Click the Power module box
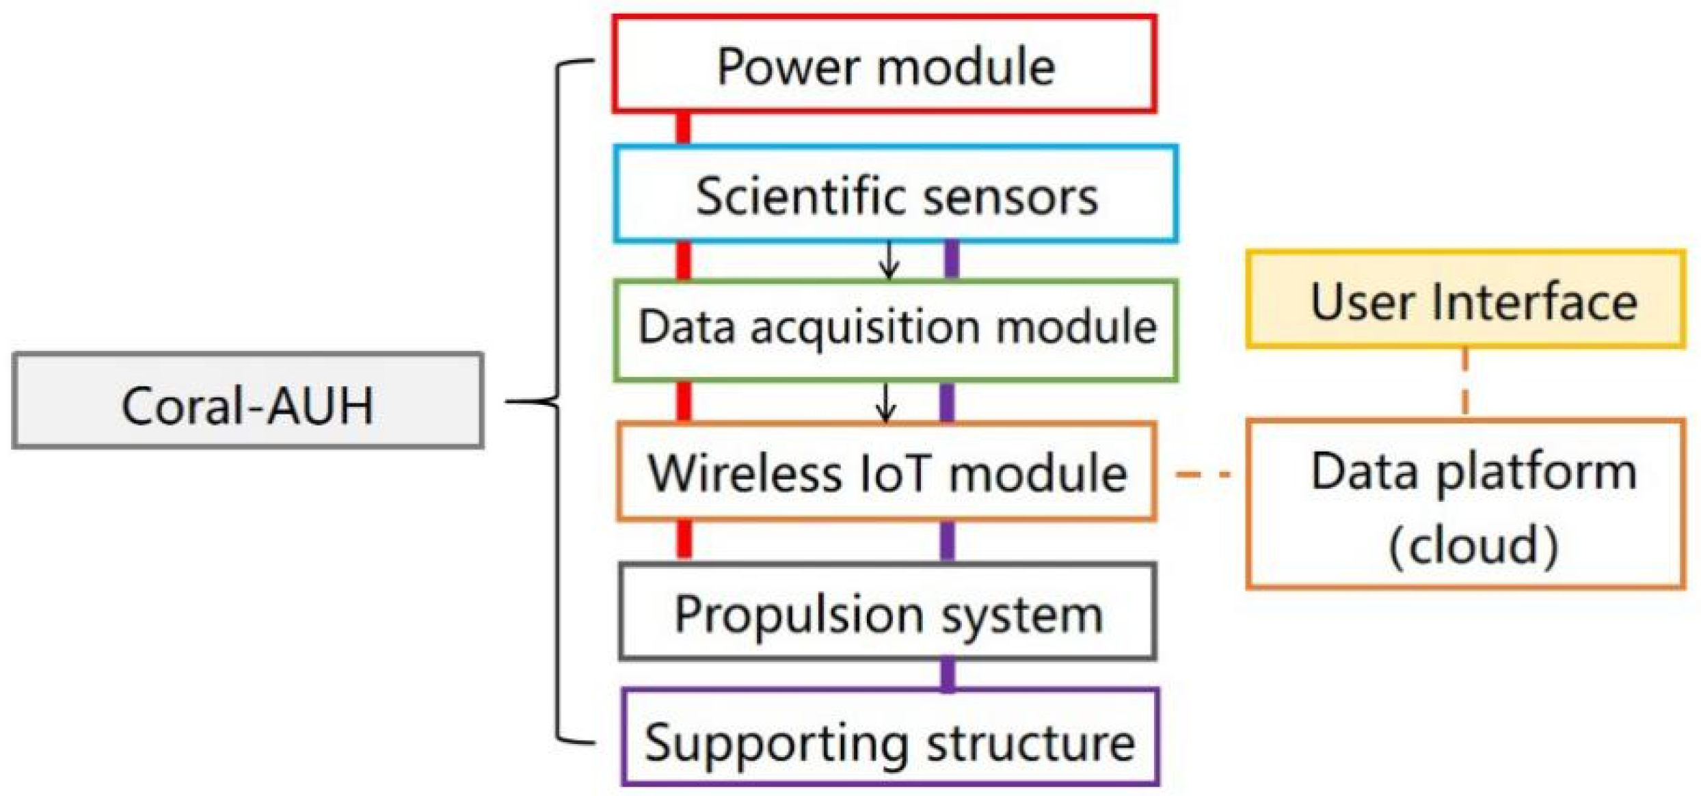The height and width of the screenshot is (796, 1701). (x=884, y=64)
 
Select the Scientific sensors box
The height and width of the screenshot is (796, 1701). (x=896, y=194)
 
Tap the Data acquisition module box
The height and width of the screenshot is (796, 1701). (x=896, y=329)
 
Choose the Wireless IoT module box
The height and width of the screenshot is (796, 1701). (x=887, y=472)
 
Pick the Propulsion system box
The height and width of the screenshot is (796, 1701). (x=887, y=612)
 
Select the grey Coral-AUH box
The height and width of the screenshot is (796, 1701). (x=247, y=401)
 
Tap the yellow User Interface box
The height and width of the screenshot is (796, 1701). (x=1465, y=300)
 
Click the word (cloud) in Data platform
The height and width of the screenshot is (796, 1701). (x=1474, y=544)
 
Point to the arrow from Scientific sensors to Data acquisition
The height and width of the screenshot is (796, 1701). (x=889, y=261)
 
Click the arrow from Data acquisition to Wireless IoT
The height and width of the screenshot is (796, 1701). (x=886, y=402)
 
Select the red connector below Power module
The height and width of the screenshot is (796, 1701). (x=683, y=129)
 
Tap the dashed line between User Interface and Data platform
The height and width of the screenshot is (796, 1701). (x=1464, y=383)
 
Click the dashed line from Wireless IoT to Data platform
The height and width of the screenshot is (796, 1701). (x=1203, y=473)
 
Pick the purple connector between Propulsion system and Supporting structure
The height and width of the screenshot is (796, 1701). (x=948, y=674)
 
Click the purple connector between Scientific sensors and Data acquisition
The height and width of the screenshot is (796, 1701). (x=951, y=260)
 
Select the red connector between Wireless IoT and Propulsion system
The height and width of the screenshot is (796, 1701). (x=684, y=540)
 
